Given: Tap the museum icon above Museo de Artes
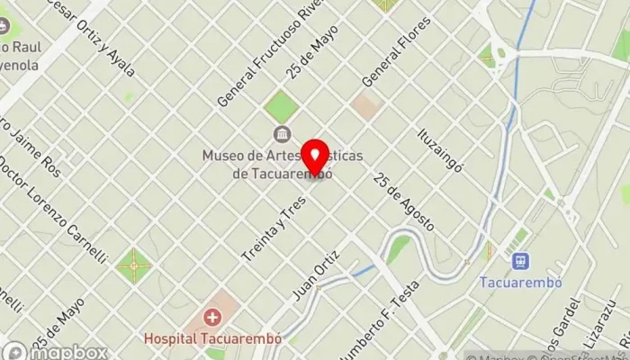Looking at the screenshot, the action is click(282, 136).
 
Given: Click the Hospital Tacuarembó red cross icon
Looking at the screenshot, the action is click(212, 317).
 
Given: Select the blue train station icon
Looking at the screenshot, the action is click(519, 260).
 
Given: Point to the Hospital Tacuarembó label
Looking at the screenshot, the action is click(213, 339).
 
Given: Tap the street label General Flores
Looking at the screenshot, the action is click(397, 53).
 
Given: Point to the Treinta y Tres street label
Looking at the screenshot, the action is click(274, 230).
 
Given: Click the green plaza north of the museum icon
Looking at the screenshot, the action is click(281, 106).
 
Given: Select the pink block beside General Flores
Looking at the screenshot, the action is click(366, 106).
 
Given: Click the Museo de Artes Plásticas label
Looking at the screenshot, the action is click(283, 164).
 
